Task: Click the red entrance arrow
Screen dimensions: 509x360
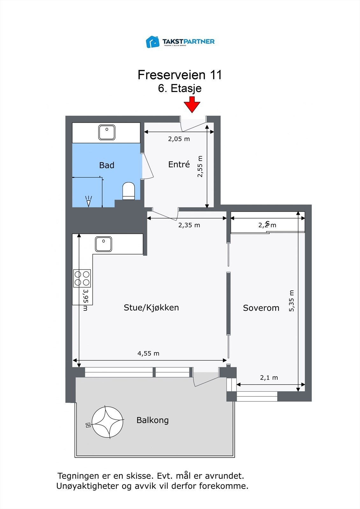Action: (x=192, y=105)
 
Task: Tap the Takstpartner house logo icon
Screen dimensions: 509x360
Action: (x=152, y=42)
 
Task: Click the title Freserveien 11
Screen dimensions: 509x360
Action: (x=180, y=75)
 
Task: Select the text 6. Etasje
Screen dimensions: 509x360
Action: (x=180, y=88)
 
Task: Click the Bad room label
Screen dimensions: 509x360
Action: (x=107, y=165)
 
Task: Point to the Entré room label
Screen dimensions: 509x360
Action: (x=179, y=164)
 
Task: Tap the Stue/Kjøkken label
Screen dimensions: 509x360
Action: (x=151, y=308)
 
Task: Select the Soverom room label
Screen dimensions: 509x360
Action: (x=261, y=308)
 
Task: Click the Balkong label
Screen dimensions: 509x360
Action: (x=152, y=420)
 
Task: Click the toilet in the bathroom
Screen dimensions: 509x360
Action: (x=129, y=191)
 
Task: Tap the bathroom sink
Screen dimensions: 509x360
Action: (x=107, y=132)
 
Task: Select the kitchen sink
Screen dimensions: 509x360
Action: (x=103, y=244)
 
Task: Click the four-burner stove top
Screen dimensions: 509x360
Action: (x=82, y=278)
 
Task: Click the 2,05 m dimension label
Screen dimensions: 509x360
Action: (x=179, y=139)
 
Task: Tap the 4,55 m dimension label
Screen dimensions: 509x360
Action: (x=148, y=353)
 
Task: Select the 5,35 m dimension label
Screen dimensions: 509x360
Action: (x=292, y=301)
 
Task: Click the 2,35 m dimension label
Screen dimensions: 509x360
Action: (x=189, y=225)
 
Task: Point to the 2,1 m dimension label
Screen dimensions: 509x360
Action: (x=269, y=378)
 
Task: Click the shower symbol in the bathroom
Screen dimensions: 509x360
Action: (x=88, y=201)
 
